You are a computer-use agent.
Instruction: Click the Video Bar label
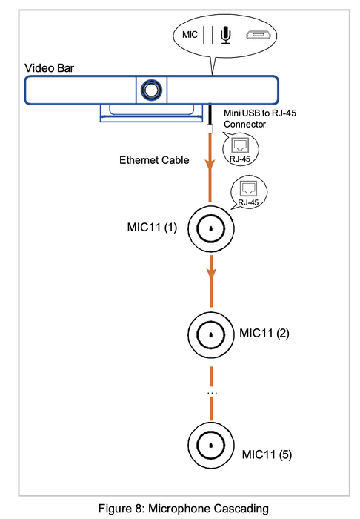pyautogui.click(x=49, y=68)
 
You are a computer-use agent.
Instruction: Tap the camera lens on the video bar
pyautogui.click(x=151, y=90)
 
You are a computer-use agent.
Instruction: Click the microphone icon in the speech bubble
pyautogui.click(x=226, y=35)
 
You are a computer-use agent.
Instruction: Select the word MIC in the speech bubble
pyautogui.click(x=190, y=35)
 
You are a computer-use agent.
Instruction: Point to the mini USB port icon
pyautogui.click(x=259, y=35)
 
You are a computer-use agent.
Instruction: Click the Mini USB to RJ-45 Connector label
pyautogui.click(x=260, y=119)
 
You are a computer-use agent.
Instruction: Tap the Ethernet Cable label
pyautogui.click(x=154, y=160)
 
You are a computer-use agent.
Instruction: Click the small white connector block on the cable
pyautogui.click(x=210, y=128)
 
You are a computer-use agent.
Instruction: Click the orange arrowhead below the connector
pyautogui.click(x=210, y=165)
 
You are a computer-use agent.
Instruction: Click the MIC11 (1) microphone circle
pyautogui.click(x=211, y=228)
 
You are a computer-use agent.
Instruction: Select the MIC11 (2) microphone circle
pyautogui.click(x=211, y=334)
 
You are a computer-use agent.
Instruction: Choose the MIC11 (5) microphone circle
pyautogui.click(x=211, y=445)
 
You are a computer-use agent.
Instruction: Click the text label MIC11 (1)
pyautogui.click(x=152, y=228)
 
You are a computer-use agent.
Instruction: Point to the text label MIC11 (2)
pyautogui.click(x=264, y=333)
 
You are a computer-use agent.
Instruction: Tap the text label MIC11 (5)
pyautogui.click(x=267, y=454)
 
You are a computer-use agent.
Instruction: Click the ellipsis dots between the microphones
pyautogui.click(x=212, y=393)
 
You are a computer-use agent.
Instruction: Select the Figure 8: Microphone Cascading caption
pyautogui.click(x=184, y=509)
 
